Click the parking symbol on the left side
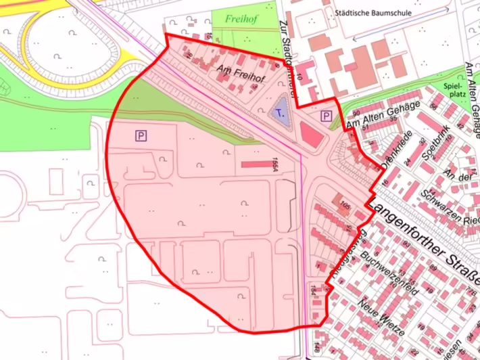pos(141,136)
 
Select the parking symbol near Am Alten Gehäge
pos(326,116)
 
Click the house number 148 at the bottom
pos(316,350)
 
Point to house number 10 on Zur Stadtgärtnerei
pos(298,81)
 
